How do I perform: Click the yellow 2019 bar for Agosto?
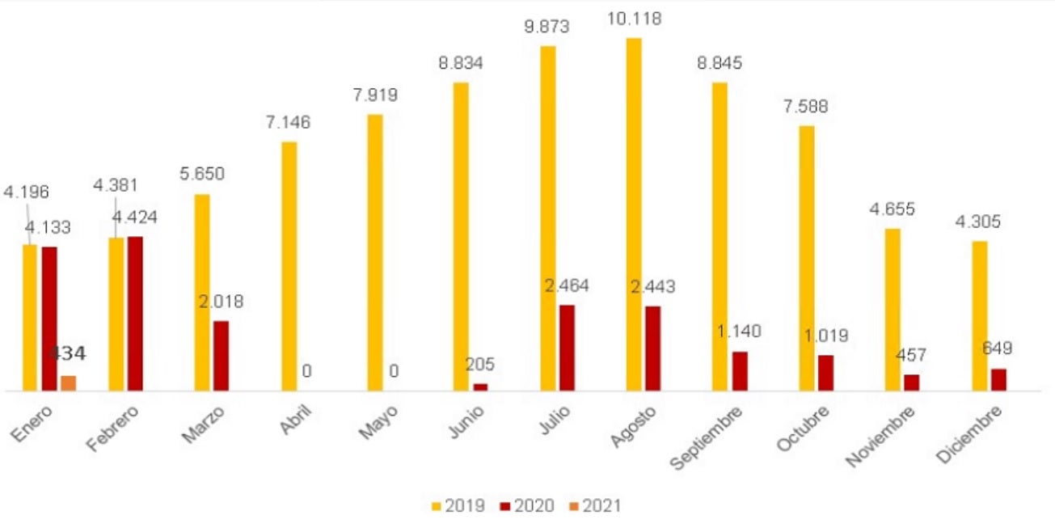point(633,214)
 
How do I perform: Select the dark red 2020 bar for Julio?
point(567,348)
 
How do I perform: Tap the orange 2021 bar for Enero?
point(69,383)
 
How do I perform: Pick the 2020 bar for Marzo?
point(221,356)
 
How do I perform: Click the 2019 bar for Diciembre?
point(979,315)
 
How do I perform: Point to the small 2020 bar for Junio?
point(480,387)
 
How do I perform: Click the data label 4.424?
point(136,218)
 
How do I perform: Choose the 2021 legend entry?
point(595,506)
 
